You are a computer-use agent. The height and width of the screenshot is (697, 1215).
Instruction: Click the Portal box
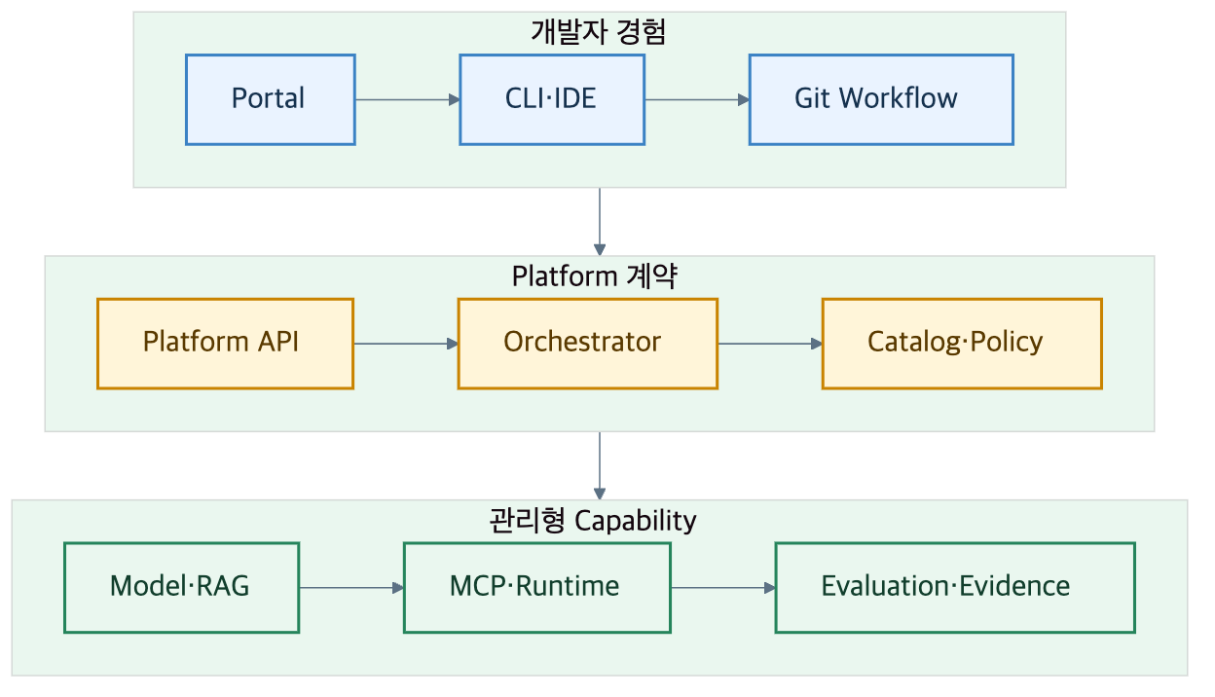point(270,99)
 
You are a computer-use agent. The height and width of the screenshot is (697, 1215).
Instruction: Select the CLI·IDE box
point(552,99)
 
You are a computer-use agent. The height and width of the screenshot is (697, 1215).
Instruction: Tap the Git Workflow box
point(881,99)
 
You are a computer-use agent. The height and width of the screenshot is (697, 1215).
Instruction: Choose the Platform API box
point(226,344)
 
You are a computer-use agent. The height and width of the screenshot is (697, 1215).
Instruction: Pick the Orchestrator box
point(588,344)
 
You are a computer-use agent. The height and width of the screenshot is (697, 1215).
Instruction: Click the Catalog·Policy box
point(962,344)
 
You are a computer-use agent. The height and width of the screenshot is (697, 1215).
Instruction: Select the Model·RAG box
point(182,587)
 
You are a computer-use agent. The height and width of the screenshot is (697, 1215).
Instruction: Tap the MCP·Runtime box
point(537,587)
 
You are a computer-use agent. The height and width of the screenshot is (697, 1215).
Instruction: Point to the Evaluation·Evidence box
point(955,587)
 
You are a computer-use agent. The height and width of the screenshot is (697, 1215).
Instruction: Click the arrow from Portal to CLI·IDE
point(407,99)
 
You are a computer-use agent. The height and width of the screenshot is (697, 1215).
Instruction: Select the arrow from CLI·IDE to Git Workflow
point(697,99)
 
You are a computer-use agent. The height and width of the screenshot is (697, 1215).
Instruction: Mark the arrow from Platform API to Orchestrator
point(406,344)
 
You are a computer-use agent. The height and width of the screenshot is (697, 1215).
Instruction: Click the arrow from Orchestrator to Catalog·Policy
point(770,344)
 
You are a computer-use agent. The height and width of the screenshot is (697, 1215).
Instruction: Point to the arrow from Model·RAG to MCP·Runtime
point(351,587)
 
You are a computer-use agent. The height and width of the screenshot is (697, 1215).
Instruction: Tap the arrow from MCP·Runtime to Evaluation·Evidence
point(723,587)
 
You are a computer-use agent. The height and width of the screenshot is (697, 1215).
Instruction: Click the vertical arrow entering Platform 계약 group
point(600,222)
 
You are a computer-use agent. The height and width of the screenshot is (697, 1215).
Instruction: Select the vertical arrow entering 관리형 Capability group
point(600,466)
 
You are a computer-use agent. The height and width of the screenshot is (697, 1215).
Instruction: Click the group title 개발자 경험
point(599,32)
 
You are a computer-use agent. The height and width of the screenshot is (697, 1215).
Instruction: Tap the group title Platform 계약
point(595,276)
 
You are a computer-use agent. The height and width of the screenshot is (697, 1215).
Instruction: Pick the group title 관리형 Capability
point(593,520)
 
